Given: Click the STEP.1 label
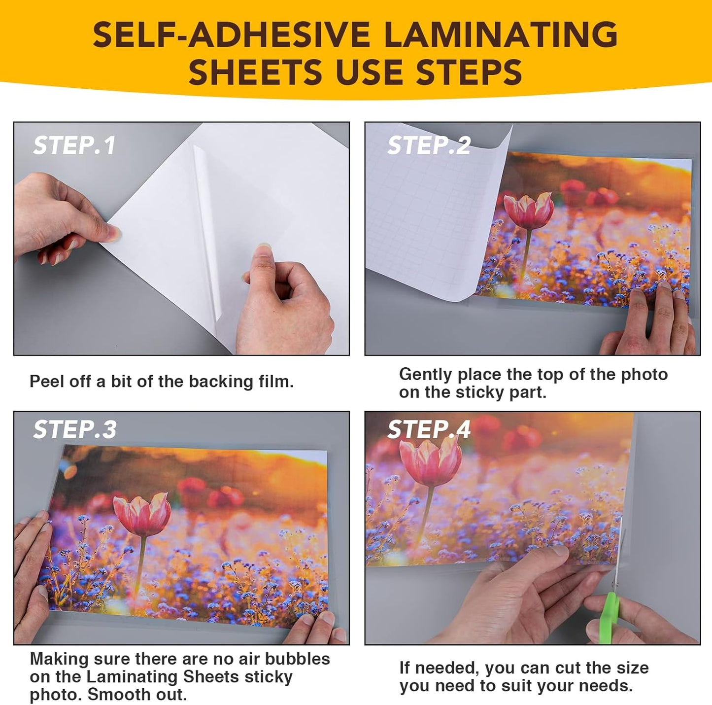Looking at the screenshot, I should (x=74, y=145).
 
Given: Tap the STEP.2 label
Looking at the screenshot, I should (x=429, y=145).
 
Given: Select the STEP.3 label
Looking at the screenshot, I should (x=74, y=430).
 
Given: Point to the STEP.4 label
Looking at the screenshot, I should (x=429, y=430).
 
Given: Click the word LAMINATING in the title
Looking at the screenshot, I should (x=500, y=35).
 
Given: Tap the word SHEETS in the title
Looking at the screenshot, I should (x=255, y=72).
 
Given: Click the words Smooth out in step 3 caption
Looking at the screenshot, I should (x=137, y=695).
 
